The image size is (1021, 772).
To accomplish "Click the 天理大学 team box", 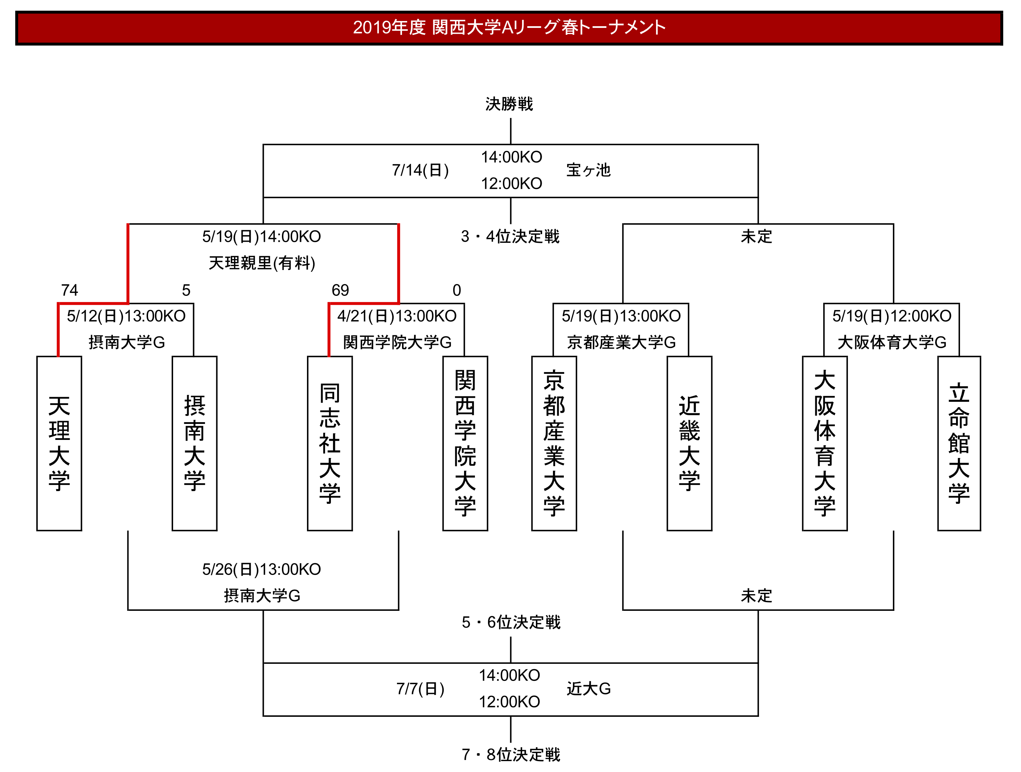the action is point(59,443).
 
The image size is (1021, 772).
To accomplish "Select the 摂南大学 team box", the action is point(194,443).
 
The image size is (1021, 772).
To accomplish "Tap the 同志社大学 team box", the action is point(329,443).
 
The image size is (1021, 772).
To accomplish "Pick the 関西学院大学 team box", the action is point(465,443).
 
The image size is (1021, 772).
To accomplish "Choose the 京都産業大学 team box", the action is point(554,443).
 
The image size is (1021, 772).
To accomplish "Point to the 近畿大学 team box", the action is point(689,443).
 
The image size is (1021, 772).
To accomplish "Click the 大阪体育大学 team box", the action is point(824,443).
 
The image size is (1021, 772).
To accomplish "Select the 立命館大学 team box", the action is point(959,443).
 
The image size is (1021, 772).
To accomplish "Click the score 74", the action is point(70,290).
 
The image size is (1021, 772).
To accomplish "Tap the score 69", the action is point(340,290).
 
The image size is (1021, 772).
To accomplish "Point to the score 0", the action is point(456,290).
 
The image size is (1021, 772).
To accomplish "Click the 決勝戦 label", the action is point(509,104).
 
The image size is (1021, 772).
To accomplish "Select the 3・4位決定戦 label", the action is point(510,236).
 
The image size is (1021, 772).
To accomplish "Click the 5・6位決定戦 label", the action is point(511,622).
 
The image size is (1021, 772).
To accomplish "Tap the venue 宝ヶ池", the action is point(589,170).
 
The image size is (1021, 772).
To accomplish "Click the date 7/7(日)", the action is point(421,689).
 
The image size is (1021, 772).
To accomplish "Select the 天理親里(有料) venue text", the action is point(262,263).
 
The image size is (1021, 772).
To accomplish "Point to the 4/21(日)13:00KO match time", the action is point(397,316).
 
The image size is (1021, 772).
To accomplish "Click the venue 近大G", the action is point(589,689).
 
